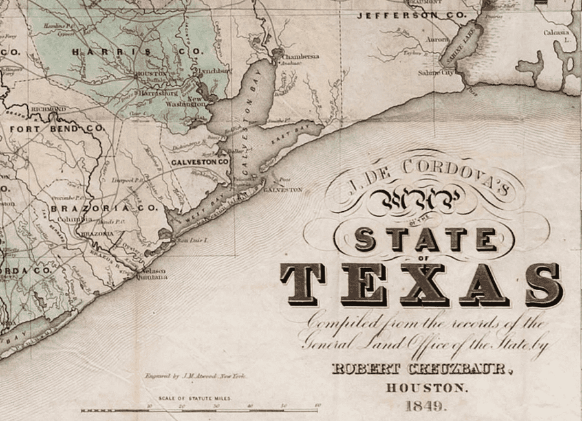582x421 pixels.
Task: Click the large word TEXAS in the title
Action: pos(420,284)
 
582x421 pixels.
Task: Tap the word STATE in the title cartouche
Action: pos(425,240)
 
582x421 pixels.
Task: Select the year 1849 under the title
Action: pos(425,407)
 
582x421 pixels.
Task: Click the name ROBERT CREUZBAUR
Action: pos(422,370)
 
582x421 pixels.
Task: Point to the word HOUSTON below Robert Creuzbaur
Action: pos(425,389)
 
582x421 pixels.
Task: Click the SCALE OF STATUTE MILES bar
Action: pos(199,409)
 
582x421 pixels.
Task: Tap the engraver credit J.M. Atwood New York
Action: pos(195,376)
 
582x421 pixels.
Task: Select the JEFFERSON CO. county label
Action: pos(411,15)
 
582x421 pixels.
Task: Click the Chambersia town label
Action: pos(300,56)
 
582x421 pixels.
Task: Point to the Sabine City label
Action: pos(435,73)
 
